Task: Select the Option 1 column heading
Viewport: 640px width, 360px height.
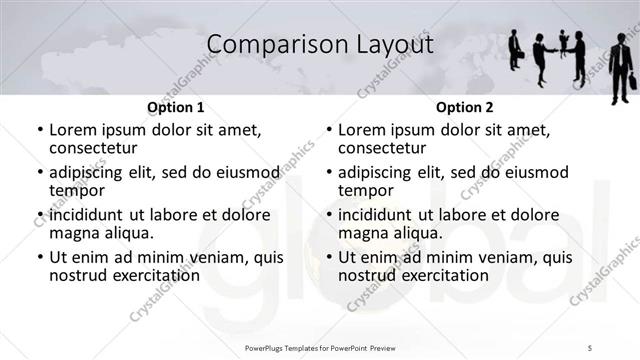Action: pos(175,107)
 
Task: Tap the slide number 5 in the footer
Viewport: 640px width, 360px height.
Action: pos(590,346)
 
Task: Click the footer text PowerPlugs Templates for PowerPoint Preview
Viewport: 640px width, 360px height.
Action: pos(319,346)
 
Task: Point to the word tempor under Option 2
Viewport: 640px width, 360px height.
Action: pos(365,190)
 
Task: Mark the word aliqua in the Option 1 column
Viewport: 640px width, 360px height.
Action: pos(127,233)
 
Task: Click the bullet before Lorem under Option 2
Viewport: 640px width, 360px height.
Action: pos(329,131)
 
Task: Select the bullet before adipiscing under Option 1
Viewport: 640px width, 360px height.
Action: pos(40,173)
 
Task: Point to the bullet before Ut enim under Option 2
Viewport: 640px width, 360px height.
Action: pos(329,258)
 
